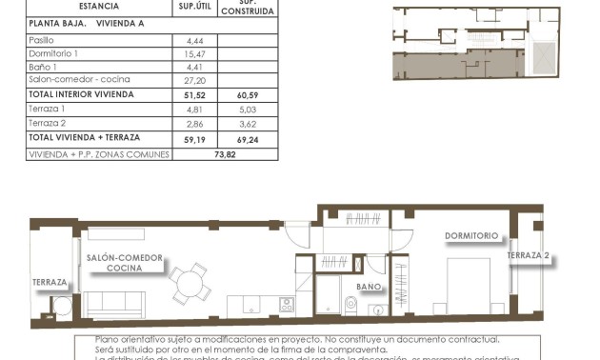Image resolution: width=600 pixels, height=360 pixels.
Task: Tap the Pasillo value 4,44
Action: (184, 41)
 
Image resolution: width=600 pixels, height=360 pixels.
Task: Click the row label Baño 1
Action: (43, 67)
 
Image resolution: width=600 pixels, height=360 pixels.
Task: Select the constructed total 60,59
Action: (248, 95)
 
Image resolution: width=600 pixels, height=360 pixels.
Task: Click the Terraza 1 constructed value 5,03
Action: (248, 110)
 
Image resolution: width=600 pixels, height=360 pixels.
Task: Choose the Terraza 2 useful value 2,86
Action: (185, 124)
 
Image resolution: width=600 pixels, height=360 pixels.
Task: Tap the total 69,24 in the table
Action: (248, 139)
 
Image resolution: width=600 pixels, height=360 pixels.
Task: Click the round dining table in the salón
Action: (189, 282)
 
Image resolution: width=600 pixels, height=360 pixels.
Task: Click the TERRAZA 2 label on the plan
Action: (528, 255)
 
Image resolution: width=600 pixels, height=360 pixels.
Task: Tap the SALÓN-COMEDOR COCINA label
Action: (124, 263)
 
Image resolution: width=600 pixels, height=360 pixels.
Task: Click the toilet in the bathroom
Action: (350, 305)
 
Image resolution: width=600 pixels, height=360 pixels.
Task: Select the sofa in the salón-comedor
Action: (115, 305)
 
